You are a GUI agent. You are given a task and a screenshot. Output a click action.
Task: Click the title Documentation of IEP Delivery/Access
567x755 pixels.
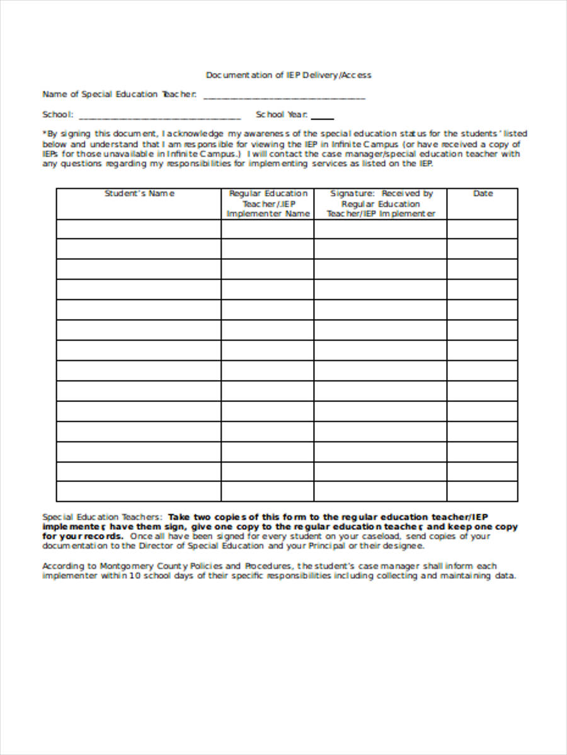[x=289, y=75]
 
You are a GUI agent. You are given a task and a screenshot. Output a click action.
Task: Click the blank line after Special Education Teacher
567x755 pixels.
[x=284, y=98]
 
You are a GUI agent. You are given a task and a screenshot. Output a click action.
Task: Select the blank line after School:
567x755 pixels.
[x=160, y=118]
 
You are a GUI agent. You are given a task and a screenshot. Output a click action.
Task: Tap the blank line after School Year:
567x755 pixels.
[x=323, y=118]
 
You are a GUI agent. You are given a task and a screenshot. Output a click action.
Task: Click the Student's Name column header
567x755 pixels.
[x=139, y=194]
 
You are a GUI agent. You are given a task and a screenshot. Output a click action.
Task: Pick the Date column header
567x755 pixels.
[x=483, y=194]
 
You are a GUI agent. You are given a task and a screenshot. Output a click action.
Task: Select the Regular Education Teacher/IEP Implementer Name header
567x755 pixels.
[x=268, y=203]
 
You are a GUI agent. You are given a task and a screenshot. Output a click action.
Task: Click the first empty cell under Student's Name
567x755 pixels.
[x=139, y=229]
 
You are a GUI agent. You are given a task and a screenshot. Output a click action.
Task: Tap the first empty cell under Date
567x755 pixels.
[x=483, y=229]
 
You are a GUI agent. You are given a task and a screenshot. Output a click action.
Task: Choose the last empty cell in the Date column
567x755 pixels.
[x=483, y=491]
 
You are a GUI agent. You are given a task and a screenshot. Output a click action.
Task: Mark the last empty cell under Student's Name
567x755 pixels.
[x=139, y=491]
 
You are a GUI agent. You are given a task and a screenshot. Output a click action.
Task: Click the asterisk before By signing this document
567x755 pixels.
[x=44, y=133]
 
